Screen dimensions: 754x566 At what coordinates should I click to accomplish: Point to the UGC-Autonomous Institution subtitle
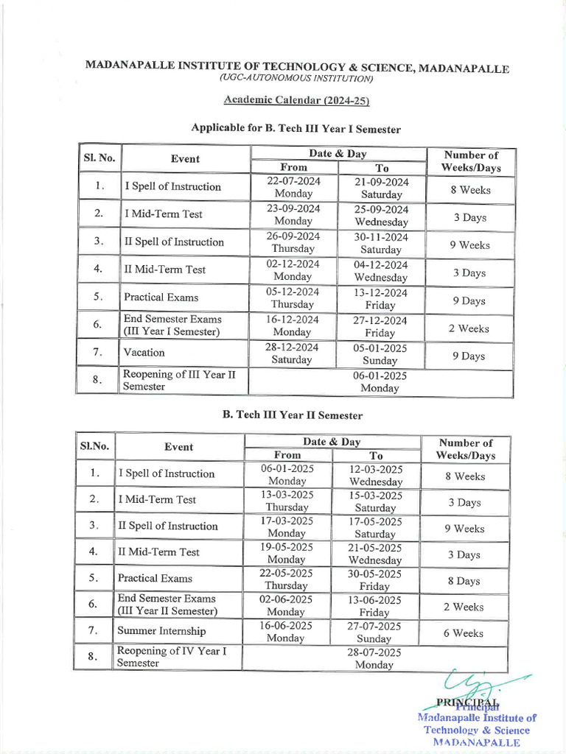tap(296, 78)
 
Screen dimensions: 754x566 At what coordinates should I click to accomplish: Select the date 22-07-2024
tap(293, 181)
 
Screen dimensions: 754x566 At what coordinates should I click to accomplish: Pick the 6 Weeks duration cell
tap(464, 633)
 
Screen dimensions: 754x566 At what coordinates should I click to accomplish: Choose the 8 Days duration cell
tap(464, 581)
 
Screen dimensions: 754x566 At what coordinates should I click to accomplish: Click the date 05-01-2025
tap(380, 348)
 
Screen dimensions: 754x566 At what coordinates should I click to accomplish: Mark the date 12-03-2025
tap(376, 469)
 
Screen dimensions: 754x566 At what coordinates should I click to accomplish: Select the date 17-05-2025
tap(375, 521)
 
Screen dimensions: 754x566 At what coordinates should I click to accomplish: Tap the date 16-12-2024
tap(293, 320)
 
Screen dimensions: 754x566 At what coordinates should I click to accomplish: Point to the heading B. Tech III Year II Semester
tap(293, 415)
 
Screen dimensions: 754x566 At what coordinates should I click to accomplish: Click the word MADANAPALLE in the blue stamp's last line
tap(477, 742)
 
